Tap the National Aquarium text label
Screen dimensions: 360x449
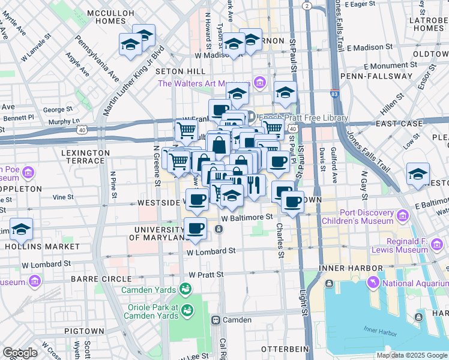[x=415, y=283]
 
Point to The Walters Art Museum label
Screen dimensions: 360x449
[x=203, y=83]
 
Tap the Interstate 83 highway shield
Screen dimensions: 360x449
[x=334, y=94]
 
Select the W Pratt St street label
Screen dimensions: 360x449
[x=206, y=274]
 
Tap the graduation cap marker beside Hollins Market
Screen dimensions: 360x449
[x=21, y=230]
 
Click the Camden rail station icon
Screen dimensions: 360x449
[x=215, y=320]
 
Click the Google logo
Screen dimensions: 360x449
[x=20, y=353]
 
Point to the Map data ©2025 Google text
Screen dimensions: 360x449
[x=411, y=355]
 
